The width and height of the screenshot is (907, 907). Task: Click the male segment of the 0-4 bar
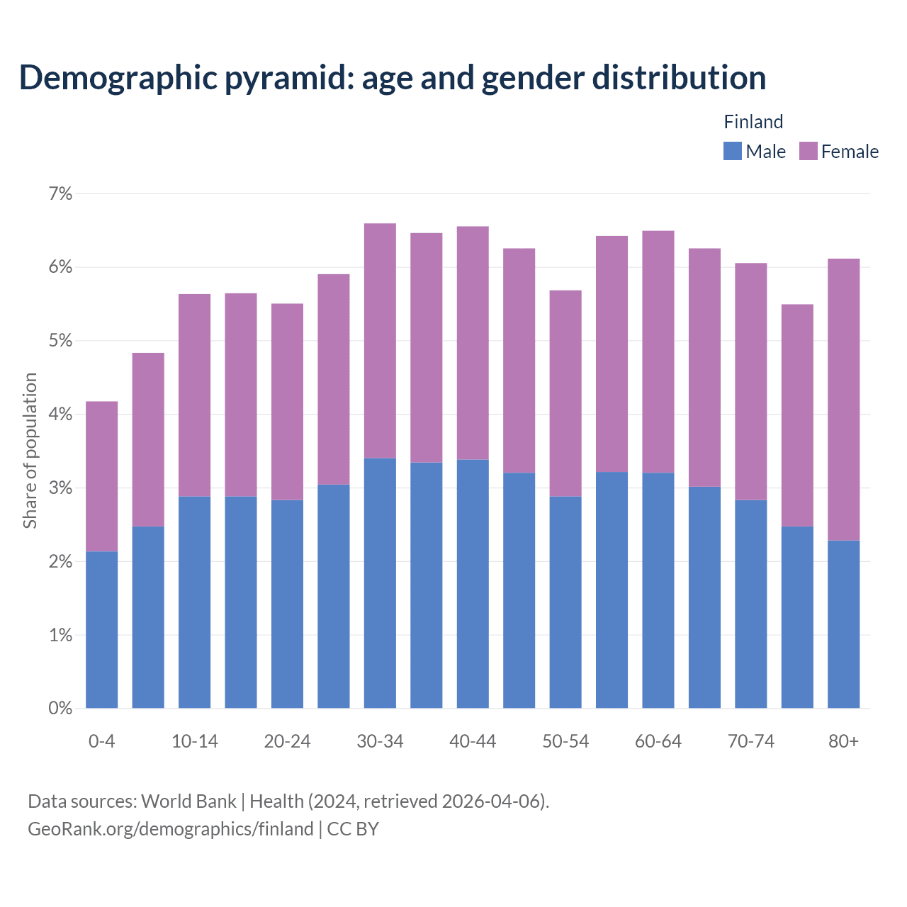click(x=101, y=629)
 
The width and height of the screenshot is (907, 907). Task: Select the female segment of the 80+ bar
click(x=843, y=400)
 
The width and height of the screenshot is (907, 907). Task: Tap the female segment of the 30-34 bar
click(x=380, y=341)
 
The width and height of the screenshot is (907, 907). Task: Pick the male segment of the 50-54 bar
click(x=565, y=602)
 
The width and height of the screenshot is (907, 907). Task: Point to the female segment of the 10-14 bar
click(x=194, y=395)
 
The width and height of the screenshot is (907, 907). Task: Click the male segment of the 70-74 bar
click(x=750, y=604)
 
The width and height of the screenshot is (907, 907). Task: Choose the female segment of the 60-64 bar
click(x=658, y=351)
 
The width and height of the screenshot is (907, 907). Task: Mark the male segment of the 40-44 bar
click(x=473, y=583)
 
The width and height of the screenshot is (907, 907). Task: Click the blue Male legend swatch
click(x=732, y=151)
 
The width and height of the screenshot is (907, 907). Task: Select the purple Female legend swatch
click(x=808, y=151)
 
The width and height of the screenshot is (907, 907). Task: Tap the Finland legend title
click(x=753, y=122)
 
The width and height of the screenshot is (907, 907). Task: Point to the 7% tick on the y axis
click(x=60, y=193)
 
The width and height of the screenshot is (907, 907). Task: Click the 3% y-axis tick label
click(x=60, y=488)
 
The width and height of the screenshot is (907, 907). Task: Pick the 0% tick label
click(x=60, y=709)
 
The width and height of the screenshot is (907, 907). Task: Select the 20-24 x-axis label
click(x=287, y=741)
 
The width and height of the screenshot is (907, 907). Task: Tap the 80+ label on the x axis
click(x=843, y=741)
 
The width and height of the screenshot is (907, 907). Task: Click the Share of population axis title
click(x=30, y=451)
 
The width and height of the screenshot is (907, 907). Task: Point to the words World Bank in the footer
click(x=188, y=801)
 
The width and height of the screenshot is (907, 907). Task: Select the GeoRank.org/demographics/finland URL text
click(x=170, y=829)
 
